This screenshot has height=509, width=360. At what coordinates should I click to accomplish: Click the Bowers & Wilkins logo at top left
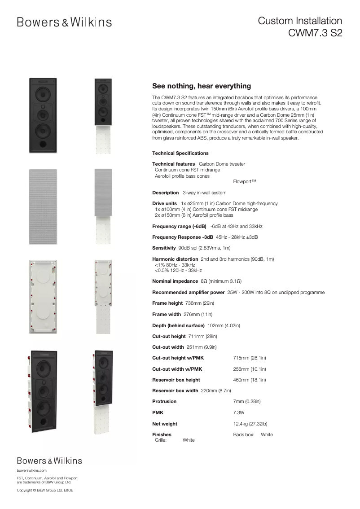point(64,22)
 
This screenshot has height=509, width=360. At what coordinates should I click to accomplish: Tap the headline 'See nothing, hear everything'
point(202,86)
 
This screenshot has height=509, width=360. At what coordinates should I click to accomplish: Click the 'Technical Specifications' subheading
point(180,153)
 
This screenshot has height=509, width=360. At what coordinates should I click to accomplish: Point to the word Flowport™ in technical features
point(245,182)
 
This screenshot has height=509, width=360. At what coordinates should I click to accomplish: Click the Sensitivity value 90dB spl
point(204,248)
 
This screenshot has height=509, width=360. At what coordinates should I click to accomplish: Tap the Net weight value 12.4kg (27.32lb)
point(250,424)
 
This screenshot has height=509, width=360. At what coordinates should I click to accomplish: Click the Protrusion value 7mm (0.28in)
point(247,401)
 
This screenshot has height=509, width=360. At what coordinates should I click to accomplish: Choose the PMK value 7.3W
point(239,412)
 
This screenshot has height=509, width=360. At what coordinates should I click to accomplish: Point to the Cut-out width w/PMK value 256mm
point(250,369)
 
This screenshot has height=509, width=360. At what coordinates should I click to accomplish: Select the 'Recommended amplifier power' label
point(189,292)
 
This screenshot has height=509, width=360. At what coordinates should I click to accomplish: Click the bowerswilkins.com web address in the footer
point(31,470)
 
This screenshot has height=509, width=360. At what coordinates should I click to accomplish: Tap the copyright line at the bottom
point(45,490)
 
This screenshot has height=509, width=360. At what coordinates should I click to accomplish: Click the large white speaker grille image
point(43,206)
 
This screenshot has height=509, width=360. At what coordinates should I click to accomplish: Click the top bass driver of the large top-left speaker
point(43,95)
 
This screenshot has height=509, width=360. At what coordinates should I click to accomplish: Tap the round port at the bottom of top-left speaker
point(43,145)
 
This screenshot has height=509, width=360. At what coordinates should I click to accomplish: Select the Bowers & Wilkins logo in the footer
point(49,461)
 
